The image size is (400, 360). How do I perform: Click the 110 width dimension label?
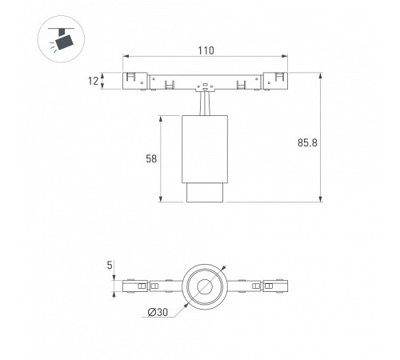[x=206, y=50]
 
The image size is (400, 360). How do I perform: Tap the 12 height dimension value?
[x=93, y=81]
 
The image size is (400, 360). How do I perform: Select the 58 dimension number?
[x=151, y=159]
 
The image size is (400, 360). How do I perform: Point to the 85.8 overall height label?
[x=307, y=142]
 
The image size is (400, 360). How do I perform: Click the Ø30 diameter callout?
[x=158, y=312]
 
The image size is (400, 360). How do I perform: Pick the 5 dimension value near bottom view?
[x=110, y=266]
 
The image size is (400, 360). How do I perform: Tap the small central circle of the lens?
[x=205, y=286]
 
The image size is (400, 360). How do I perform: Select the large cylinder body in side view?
[x=205, y=149]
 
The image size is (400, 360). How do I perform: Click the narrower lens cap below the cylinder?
[x=205, y=193]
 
